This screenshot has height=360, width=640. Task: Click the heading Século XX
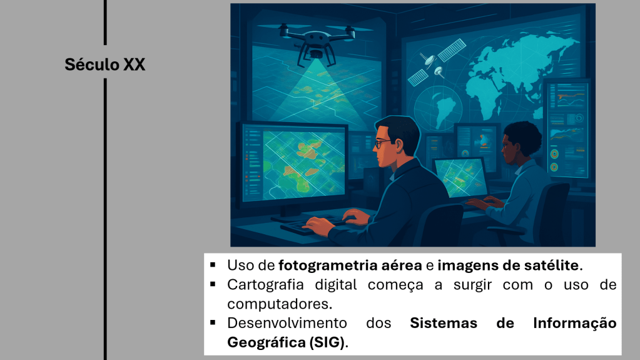[x=105, y=64]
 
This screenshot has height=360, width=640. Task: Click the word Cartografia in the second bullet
[x=265, y=284]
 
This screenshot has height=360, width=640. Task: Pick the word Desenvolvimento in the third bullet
[x=287, y=323]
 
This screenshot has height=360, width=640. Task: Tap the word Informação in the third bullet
[x=575, y=323]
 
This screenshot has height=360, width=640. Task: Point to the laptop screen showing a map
[x=461, y=177]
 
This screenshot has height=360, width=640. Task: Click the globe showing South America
[x=437, y=109]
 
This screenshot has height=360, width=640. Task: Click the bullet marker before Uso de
[x=213, y=265]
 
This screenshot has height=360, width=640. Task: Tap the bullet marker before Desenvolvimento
[x=213, y=323]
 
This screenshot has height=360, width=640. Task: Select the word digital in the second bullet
[x=335, y=284]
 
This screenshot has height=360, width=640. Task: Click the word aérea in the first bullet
[x=402, y=265]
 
